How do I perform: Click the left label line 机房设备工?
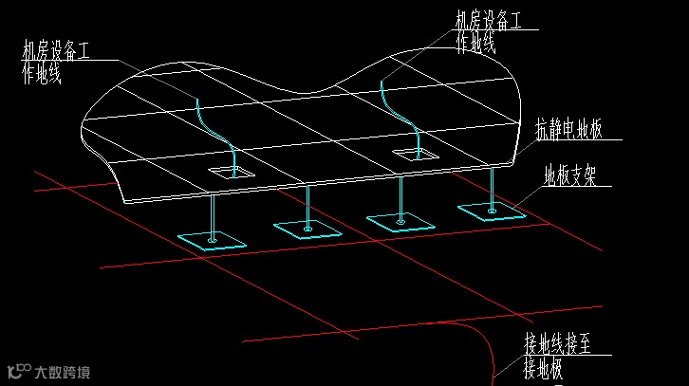point(56,52)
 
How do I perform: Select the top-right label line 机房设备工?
point(489,21)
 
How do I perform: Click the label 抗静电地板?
point(569,131)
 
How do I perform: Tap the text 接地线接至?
point(558,343)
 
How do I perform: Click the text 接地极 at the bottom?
point(544,369)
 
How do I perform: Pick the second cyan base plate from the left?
point(307,228)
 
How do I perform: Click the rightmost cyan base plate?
point(492,211)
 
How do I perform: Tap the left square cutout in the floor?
point(232,173)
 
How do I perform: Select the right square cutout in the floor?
point(416,154)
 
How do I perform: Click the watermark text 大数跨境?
point(63,371)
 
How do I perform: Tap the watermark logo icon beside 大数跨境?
point(17,371)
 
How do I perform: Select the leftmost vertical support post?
point(214,216)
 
